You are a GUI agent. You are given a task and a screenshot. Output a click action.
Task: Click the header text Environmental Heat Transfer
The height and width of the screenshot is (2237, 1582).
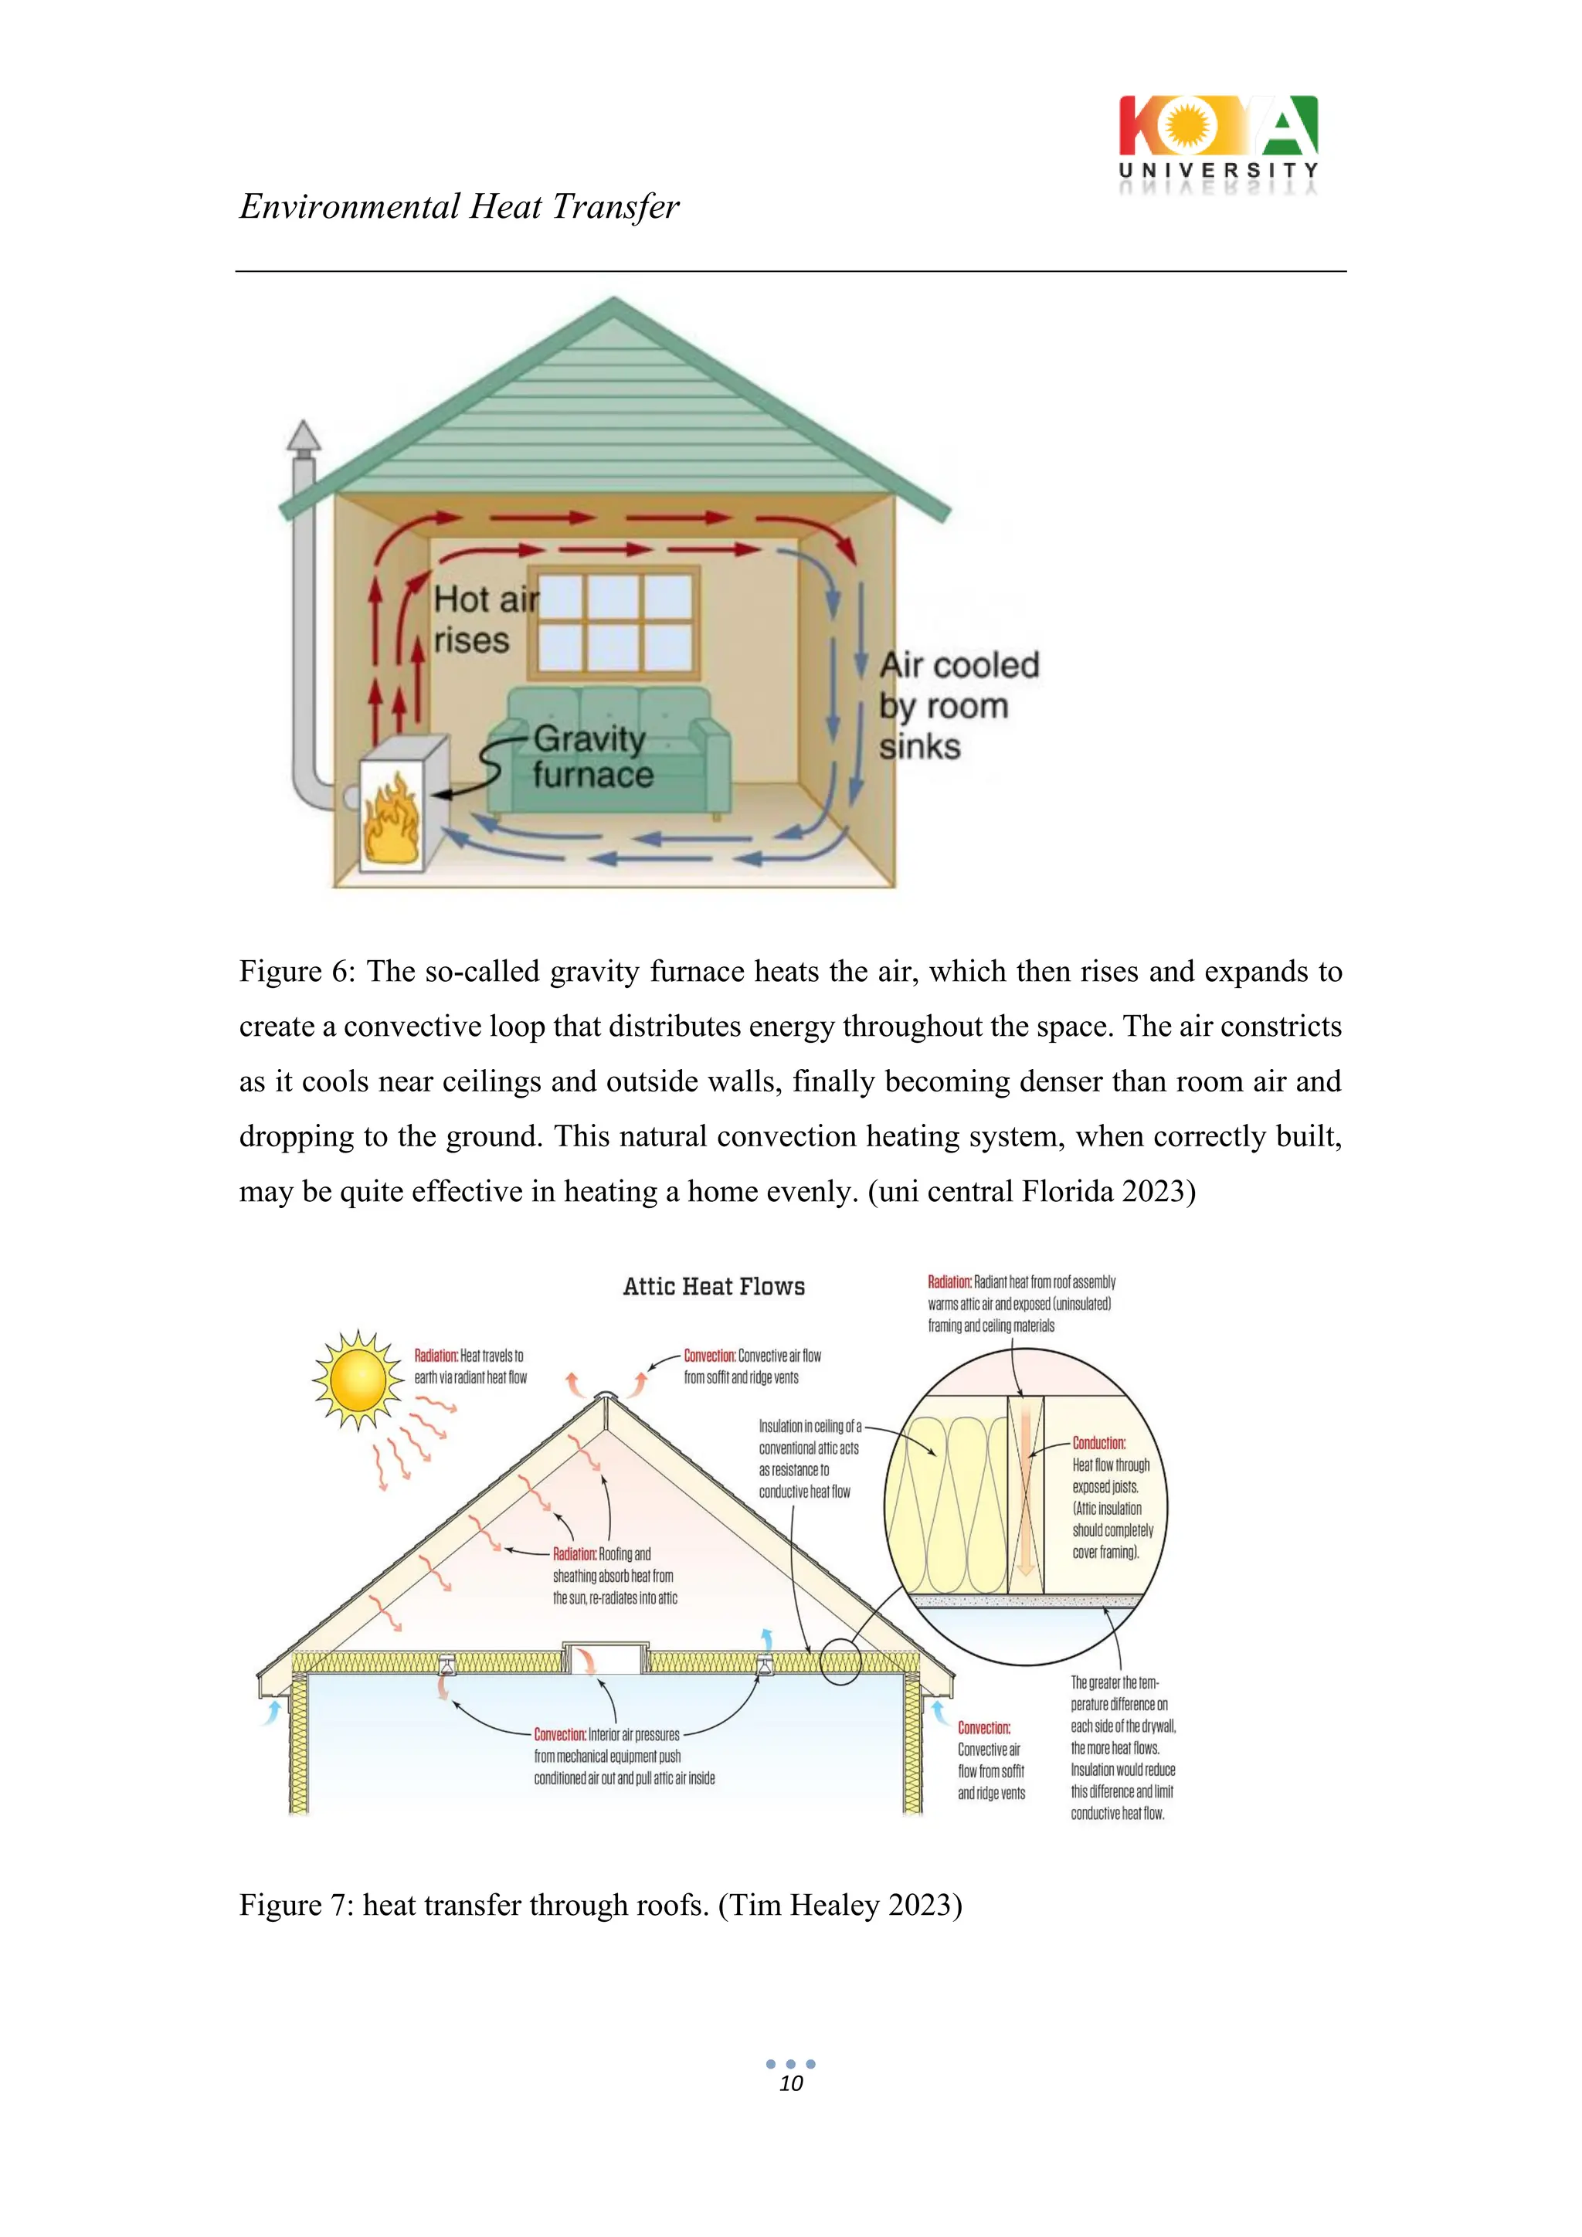click(459, 206)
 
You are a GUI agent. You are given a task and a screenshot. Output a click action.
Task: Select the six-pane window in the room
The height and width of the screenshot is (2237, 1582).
click(613, 622)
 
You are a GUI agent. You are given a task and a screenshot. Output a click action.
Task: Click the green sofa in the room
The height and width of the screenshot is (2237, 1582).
click(609, 750)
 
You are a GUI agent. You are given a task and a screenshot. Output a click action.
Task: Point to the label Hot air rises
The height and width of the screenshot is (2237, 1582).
click(484, 620)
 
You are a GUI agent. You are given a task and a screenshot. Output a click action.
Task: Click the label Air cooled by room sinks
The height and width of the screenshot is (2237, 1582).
click(958, 705)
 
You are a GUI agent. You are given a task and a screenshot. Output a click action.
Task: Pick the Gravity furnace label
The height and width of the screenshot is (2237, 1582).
click(590, 756)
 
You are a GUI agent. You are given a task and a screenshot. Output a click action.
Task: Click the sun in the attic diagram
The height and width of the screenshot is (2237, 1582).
click(358, 1379)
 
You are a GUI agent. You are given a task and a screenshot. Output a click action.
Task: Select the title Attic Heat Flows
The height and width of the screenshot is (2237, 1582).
click(714, 1286)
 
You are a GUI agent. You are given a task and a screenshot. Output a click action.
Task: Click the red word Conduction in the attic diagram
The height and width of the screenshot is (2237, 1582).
click(1099, 1443)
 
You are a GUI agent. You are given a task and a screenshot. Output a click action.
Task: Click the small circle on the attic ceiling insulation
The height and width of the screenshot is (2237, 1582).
click(840, 1662)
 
